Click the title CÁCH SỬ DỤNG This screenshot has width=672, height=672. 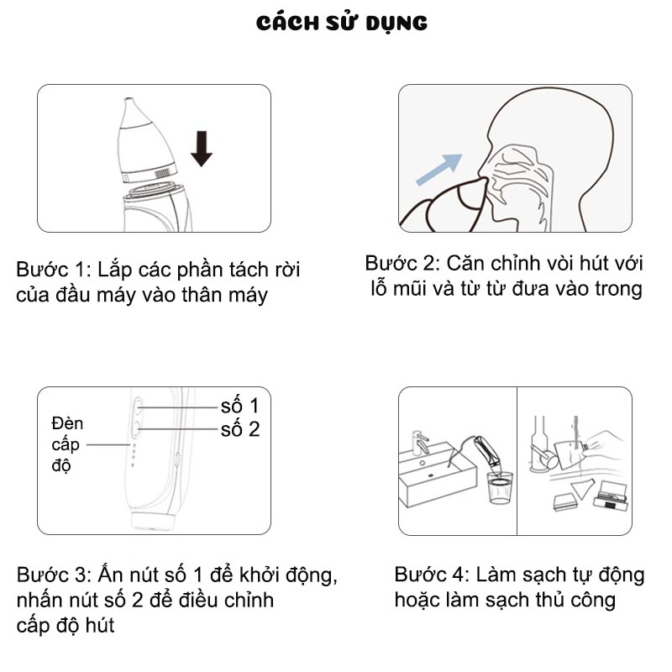click(x=342, y=24)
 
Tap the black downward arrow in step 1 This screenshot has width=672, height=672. click(x=201, y=149)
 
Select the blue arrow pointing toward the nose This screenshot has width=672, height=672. click(x=439, y=170)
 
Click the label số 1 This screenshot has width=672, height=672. click(x=239, y=406)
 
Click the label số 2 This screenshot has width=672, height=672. click(x=240, y=429)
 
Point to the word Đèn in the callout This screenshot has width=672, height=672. click(x=67, y=423)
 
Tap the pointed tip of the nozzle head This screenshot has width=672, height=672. click(x=128, y=99)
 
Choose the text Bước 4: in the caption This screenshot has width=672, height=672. click(x=432, y=575)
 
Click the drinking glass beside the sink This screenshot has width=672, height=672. click(x=500, y=488)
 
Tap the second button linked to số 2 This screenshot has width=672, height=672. click(x=137, y=428)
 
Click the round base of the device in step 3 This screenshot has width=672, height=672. click(x=153, y=520)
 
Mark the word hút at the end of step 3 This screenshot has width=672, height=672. click(x=99, y=625)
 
